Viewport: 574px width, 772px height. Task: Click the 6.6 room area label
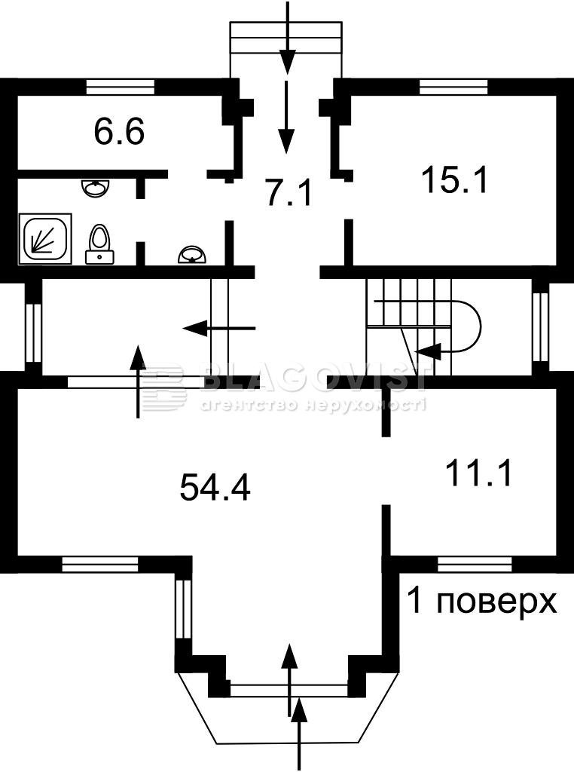coord(119,133)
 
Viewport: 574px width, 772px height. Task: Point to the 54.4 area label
coord(215,487)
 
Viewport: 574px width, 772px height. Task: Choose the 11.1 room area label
coord(478,473)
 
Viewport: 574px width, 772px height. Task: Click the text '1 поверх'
coord(482,602)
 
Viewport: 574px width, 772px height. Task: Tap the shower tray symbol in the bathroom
coord(45,239)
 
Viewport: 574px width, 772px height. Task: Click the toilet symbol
coord(100,244)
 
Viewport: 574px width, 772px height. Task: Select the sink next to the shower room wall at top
coord(95,188)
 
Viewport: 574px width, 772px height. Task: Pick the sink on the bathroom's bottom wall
coord(194,256)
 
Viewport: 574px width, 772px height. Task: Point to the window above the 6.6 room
coord(120,87)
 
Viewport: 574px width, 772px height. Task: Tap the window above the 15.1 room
coord(453,87)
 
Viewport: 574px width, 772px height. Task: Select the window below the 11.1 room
coord(475,564)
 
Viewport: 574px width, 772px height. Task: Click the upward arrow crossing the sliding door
coord(139,381)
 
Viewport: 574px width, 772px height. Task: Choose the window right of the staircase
coord(542,327)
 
